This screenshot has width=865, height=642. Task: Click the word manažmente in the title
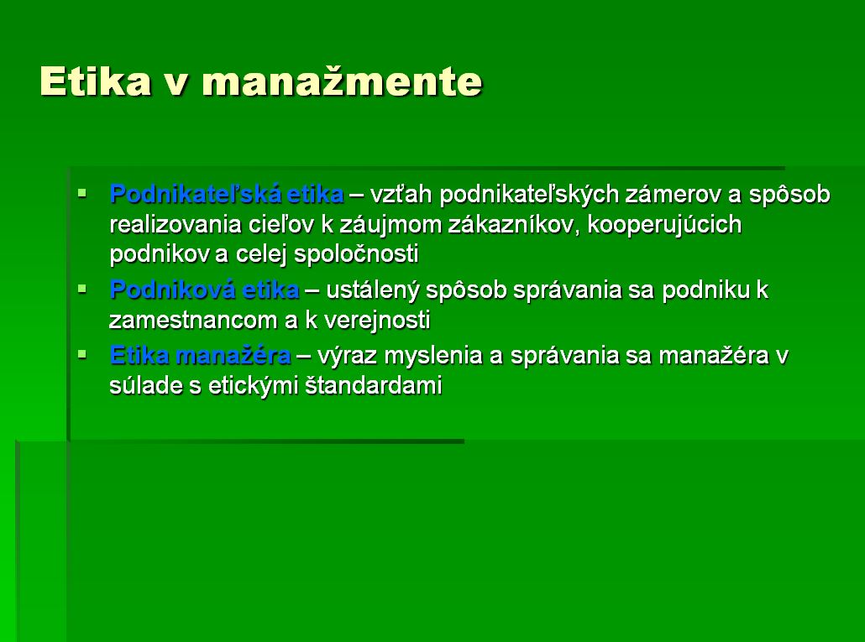click(342, 81)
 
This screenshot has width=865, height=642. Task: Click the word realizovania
click(176, 224)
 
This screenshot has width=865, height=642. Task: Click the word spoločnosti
click(356, 254)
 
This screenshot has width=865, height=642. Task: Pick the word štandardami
click(374, 385)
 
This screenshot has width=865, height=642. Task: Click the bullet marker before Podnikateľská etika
click(82, 193)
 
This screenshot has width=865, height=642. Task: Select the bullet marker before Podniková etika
click(82, 289)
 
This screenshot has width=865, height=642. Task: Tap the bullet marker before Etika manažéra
click(82, 354)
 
